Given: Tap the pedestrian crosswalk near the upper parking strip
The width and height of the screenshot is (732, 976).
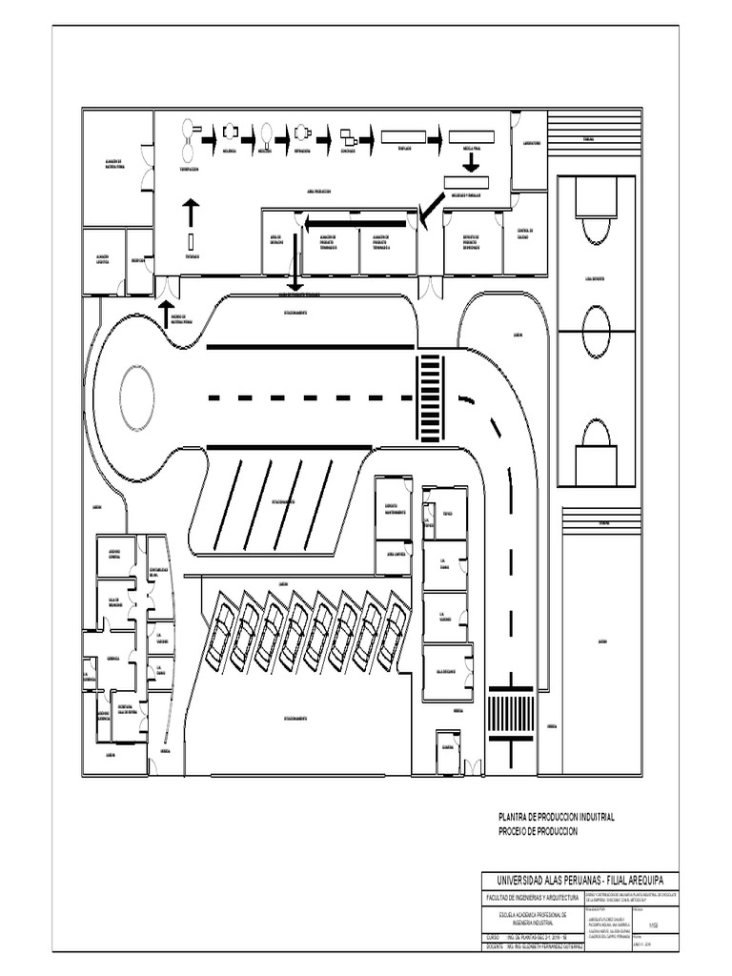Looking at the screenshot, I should [x=431, y=396].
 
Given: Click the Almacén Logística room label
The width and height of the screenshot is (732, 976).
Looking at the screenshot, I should [x=105, y=259].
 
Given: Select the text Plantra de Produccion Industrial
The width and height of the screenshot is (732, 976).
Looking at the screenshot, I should [x=557, y=817].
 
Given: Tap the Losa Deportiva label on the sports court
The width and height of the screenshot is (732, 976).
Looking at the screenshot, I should [x=597, y=279].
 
